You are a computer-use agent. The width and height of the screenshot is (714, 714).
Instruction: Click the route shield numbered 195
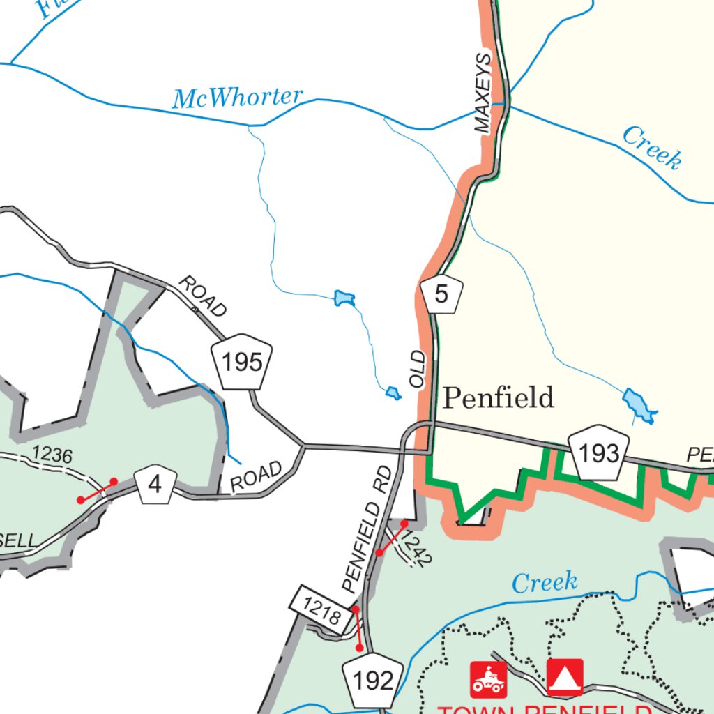point(242,363)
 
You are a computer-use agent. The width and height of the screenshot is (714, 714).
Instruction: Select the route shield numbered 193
point(598,454)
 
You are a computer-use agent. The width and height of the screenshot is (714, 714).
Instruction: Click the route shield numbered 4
point(155,485)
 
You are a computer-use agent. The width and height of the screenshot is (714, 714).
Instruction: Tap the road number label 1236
point(52,455)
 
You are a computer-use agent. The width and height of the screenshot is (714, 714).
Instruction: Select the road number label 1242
point(417,549)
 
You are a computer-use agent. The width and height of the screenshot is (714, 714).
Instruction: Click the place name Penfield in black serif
point(499,398)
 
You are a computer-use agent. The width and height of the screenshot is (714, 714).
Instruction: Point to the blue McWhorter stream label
point(238,98)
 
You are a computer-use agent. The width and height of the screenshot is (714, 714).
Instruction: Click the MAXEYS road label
point(483,92)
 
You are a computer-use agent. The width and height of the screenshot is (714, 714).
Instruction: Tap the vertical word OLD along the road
point(418,370)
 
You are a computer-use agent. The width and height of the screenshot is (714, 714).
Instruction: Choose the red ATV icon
point(489,679)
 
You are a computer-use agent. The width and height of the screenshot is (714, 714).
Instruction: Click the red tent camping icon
point(565,676)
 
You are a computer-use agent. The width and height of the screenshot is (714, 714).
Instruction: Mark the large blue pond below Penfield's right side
point(639,407)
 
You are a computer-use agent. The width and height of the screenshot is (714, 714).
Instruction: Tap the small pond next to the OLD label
point(393,394)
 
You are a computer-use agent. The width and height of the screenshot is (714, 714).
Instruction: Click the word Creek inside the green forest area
point(544,582)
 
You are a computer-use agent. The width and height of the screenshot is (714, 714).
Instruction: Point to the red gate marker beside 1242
point(392,538)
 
